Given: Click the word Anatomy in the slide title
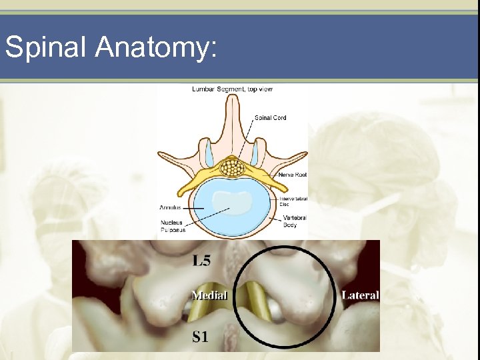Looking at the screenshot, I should (155, 47).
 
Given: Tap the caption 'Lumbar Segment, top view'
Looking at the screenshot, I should (232, 89).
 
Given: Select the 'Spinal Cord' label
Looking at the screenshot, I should (270, 118).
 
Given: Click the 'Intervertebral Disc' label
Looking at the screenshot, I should (293, 201).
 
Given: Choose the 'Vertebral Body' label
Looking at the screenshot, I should (293, 221).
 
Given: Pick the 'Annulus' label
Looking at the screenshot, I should (170, 207).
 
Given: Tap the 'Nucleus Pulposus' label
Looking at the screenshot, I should (172, 226).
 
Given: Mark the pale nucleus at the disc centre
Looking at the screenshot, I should (232, 200).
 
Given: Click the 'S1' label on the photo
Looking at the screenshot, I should (201, 337).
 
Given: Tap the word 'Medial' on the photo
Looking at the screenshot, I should (210, 295).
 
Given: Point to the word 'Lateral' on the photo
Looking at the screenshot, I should (360, 295).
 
